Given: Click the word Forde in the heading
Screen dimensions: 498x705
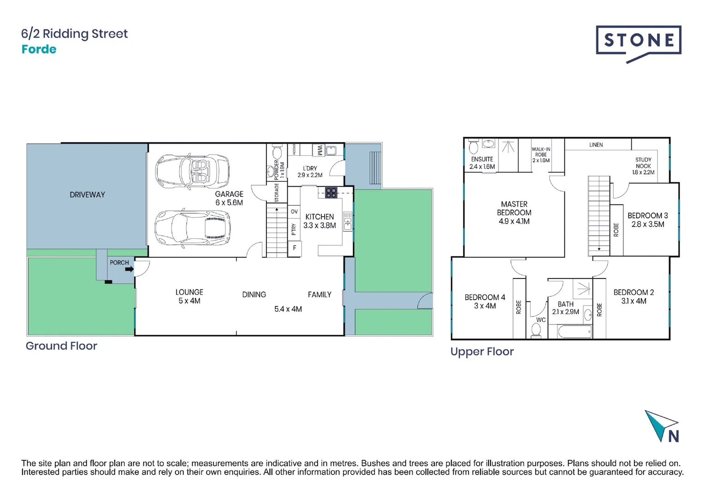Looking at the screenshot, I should coord(39,49).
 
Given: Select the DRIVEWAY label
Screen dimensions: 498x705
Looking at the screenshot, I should coord(87,195).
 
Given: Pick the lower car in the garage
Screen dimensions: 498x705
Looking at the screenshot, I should coord(192,228).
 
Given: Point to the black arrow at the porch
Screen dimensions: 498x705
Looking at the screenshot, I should coord(129,269).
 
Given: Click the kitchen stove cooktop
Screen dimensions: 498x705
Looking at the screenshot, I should coord(331,192).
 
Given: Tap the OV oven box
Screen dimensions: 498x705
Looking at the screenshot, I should coord(294,211).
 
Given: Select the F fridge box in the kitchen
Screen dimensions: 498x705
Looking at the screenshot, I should coord(295,248).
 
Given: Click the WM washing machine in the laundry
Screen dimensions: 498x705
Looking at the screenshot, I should coord(319,150).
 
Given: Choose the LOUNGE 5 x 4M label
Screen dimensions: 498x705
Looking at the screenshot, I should coord(189,296).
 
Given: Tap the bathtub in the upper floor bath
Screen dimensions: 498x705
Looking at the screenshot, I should coord(575,332).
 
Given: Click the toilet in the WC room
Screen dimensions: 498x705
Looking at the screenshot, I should coord(536,330).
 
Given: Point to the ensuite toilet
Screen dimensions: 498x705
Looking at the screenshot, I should coord(473,147).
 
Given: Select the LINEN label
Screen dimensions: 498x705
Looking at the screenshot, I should coord(596,145).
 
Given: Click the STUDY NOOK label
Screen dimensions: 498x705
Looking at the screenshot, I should coord(643,166).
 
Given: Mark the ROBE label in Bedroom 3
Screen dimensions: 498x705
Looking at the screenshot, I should coord(616,230).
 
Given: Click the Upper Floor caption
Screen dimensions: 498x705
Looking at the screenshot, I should coord(482,351).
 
